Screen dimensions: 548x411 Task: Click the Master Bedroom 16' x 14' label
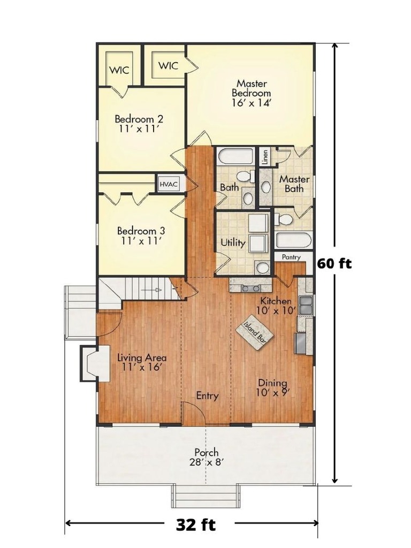tap(252, 93)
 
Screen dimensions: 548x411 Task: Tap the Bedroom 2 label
tap(139, 124)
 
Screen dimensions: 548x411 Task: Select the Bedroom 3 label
tap(141, 235)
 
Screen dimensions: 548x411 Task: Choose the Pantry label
tap(291, 257)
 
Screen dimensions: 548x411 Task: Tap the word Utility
tap(233, 243)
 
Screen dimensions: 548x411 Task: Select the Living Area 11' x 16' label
tap(141, 362)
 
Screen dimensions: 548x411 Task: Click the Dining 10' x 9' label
tap(272, 387)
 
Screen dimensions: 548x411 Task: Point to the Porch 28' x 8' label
tap(206, 457)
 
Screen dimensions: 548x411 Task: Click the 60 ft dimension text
tap(334, 263)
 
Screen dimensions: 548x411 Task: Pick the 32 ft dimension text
tap(196, 524)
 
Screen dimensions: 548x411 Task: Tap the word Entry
tap(207, 396)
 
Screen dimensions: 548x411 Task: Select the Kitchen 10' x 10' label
tap(276, 305)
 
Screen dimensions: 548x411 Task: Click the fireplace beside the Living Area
tap(89, 363)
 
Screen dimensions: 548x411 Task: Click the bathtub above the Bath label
tap(235, 157)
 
